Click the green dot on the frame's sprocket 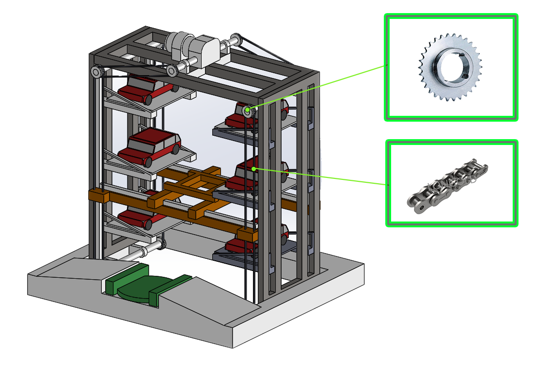pyautogui.click(x=248, y=111)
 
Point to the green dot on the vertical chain pyautogui.click(x=253, y=169)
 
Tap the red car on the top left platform pyautogui.click(x=144, y=89)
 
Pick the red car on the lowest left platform pyautogui.click(x=138, y=218)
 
